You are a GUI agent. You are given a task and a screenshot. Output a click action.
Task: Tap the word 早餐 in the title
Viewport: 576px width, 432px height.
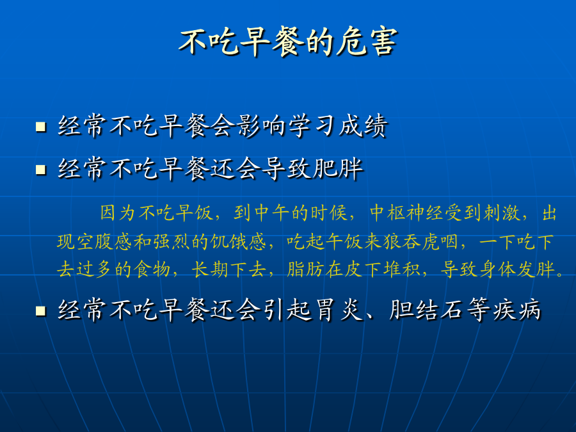(x=273, y=42)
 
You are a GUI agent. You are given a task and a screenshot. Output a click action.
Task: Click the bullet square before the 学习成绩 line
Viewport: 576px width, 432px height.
(x=41, y=127)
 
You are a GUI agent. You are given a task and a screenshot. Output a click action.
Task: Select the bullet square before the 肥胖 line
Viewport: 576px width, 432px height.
(x=41, y=170)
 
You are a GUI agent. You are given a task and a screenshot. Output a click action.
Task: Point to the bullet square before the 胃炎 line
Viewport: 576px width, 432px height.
(x=41, y=311)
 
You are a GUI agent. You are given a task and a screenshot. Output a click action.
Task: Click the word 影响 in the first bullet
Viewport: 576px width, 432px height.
(x=260, y=126)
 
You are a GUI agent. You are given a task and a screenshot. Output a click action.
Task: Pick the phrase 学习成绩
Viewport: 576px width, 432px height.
(x=338, y=126)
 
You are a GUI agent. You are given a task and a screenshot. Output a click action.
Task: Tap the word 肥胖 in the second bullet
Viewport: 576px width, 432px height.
(x=338, y=169)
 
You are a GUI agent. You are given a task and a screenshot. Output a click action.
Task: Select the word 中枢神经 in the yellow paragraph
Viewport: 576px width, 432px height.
(x=406, y=213)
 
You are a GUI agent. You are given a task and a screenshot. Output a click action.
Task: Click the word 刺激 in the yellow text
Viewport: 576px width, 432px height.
(x=502, y=213)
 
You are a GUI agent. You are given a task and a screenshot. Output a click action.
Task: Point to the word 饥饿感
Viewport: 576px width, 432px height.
(x=238, y=242)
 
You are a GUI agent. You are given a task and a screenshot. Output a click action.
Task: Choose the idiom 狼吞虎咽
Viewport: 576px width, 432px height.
(x=420, y=242)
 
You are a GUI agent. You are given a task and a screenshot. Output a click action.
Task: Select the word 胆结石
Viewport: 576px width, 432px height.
(x=426, y=310)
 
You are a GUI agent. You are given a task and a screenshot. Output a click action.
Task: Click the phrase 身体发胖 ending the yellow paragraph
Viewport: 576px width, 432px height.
(x=518, y=269)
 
